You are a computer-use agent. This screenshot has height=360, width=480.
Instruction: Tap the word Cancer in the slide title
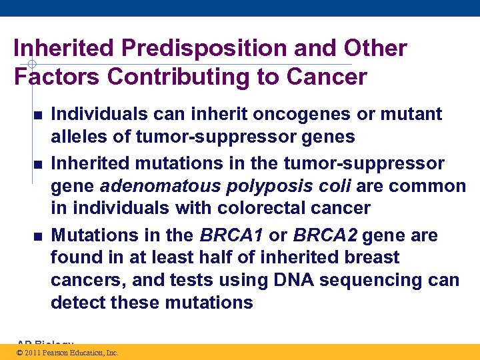pyautogui.click(x=327, y=77)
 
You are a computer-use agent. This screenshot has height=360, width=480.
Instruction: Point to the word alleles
pyautogui.click(x=81, y=137)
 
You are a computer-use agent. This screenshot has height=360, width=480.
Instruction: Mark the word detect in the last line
pyautogui.click(x=76, y=303)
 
